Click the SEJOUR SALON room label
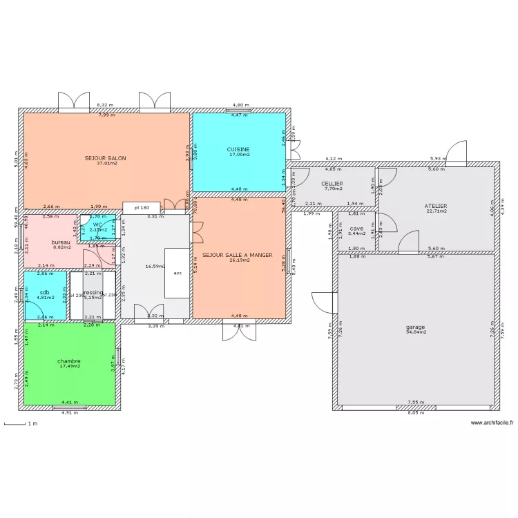point(106,157)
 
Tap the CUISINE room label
point(238,149)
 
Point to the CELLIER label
point(333,184)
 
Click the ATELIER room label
point(436,206)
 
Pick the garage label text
point(416,327)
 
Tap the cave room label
point(356,229)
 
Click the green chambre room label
point(69,361)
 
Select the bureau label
point(61,242)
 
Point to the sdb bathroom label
point(45,292)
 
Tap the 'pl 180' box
point(142,207)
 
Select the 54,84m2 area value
point(416,332)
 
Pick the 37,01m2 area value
point(106,163)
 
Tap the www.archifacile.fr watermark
point(492,423)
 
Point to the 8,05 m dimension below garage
point(415,413)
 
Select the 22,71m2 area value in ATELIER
point(436,211)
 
